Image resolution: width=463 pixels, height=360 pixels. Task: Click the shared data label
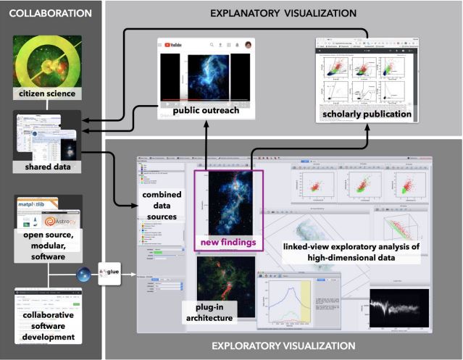[47, 167]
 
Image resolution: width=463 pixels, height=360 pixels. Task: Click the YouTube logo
[178, 44]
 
